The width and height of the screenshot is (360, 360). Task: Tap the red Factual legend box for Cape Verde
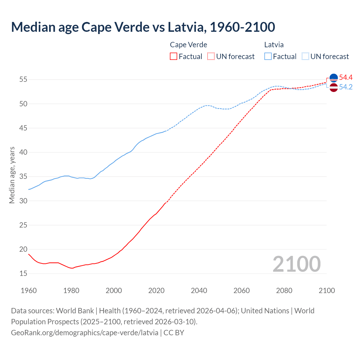(174, 57)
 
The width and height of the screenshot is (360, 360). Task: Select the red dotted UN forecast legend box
(211, 57)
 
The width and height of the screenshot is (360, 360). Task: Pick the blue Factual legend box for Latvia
(268, 57)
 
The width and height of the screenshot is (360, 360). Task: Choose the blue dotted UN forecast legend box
(305, 57)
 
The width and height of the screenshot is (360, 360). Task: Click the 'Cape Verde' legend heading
(188, 45)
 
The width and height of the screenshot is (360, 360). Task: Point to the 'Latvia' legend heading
(274, 45)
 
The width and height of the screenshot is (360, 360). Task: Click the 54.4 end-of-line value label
(346, 77)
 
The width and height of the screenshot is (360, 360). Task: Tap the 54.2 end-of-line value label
(346, 87)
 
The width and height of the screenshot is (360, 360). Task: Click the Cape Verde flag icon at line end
(334, 78)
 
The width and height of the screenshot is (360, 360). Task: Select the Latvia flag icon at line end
(334, 87)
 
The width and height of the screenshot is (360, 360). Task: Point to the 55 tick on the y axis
(23, 80)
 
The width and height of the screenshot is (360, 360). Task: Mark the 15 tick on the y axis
(23, 273)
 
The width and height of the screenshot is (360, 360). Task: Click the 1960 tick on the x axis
(29, 291)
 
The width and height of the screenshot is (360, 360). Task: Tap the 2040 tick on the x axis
(199, 291)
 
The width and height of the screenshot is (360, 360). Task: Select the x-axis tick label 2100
(327, 291)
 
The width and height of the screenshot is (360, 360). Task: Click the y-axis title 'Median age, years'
(12, 175)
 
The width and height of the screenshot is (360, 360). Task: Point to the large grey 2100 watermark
(296, 264)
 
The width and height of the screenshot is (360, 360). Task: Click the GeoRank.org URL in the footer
(85, 333)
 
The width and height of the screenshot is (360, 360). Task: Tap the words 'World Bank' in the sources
(75, 311)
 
